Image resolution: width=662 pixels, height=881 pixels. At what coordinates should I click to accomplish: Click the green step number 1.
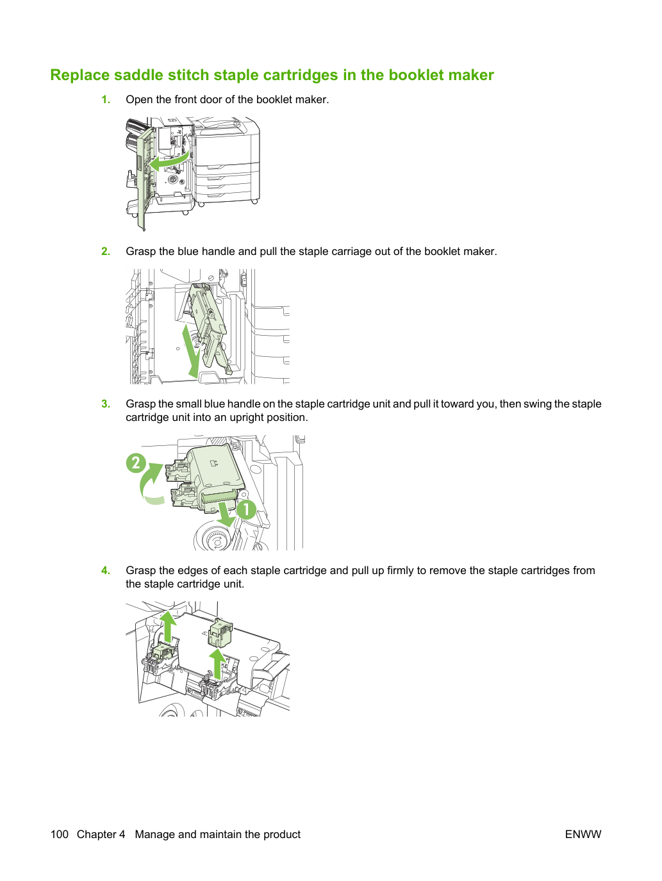tap(106, 99)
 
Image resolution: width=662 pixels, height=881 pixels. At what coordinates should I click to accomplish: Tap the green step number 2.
tap(106, 251)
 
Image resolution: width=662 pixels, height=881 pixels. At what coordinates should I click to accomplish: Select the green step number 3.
tap(106, 404)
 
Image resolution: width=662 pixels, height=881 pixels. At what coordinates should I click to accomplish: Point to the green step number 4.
tap(106, 570)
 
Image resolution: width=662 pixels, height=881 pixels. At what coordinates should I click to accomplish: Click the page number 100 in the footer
tap(60, 834)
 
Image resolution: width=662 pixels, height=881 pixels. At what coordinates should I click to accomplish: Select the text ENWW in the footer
tap(583, 834)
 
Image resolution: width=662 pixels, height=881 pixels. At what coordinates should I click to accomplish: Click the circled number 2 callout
tap(136, 463)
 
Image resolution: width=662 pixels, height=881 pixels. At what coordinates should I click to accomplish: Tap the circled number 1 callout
tap(246, 509)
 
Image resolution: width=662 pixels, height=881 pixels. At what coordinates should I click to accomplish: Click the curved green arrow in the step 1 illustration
tap(169, 161)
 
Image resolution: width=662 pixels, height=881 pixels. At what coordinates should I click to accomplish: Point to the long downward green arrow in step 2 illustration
tap(191, 351)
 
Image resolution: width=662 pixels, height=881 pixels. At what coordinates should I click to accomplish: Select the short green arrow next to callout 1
tap(226, 513)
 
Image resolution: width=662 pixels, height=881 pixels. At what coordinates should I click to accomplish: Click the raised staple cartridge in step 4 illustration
tap(220, 632)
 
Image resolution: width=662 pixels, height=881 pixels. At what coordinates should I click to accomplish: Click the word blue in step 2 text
tap(188, 251)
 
